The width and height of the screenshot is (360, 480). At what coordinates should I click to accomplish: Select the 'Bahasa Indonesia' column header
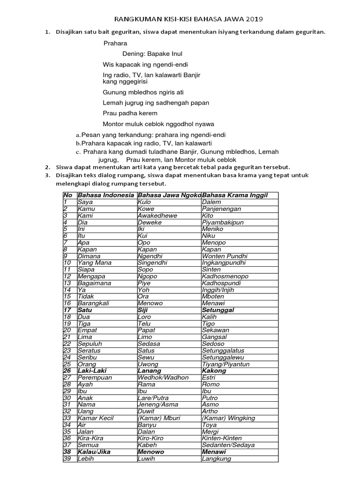pyautogui.click(x=106, y=195)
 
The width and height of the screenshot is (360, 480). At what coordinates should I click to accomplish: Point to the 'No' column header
pyautogui.click(x=68, y=195)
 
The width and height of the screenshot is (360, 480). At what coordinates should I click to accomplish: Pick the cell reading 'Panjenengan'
pyautogui.click(x=221, y=209)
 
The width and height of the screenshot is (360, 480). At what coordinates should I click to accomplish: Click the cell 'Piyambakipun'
pyautogui.click(x=223, y=223)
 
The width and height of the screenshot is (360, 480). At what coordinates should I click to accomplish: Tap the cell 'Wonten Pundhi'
pyautogui.click(x=225, y=256)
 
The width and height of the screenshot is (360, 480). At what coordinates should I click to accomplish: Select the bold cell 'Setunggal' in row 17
pyautogui.click(x=218, y=310)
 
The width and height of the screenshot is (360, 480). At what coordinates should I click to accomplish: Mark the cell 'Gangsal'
pyautogui.click(x=214, y=337)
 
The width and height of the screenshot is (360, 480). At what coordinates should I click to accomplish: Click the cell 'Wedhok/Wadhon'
pyautogui.click(x=163, y=377)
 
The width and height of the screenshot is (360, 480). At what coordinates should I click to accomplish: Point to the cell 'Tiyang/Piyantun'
pyautogui.click(x=225, y=364)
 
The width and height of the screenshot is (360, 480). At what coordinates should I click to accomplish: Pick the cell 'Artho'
pyautogui.click(x=210, y=411)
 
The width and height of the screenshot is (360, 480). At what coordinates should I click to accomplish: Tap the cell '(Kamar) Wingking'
pyautogui.click(x=228, y=418)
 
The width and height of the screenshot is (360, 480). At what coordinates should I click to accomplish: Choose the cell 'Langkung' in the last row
pyautogui.click(x=217, y=458)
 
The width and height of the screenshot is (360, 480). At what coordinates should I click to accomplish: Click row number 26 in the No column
pyautogui.click(x=67, y=371)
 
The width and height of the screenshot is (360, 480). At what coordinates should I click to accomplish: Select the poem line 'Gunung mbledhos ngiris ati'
pyautogui.click(x=143, y=92)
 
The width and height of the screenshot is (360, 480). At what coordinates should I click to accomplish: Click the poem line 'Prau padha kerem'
pyautogui.click(x=130, y=113)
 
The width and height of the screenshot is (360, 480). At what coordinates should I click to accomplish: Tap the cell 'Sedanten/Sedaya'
pyautogui.click(x=228, y=445)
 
